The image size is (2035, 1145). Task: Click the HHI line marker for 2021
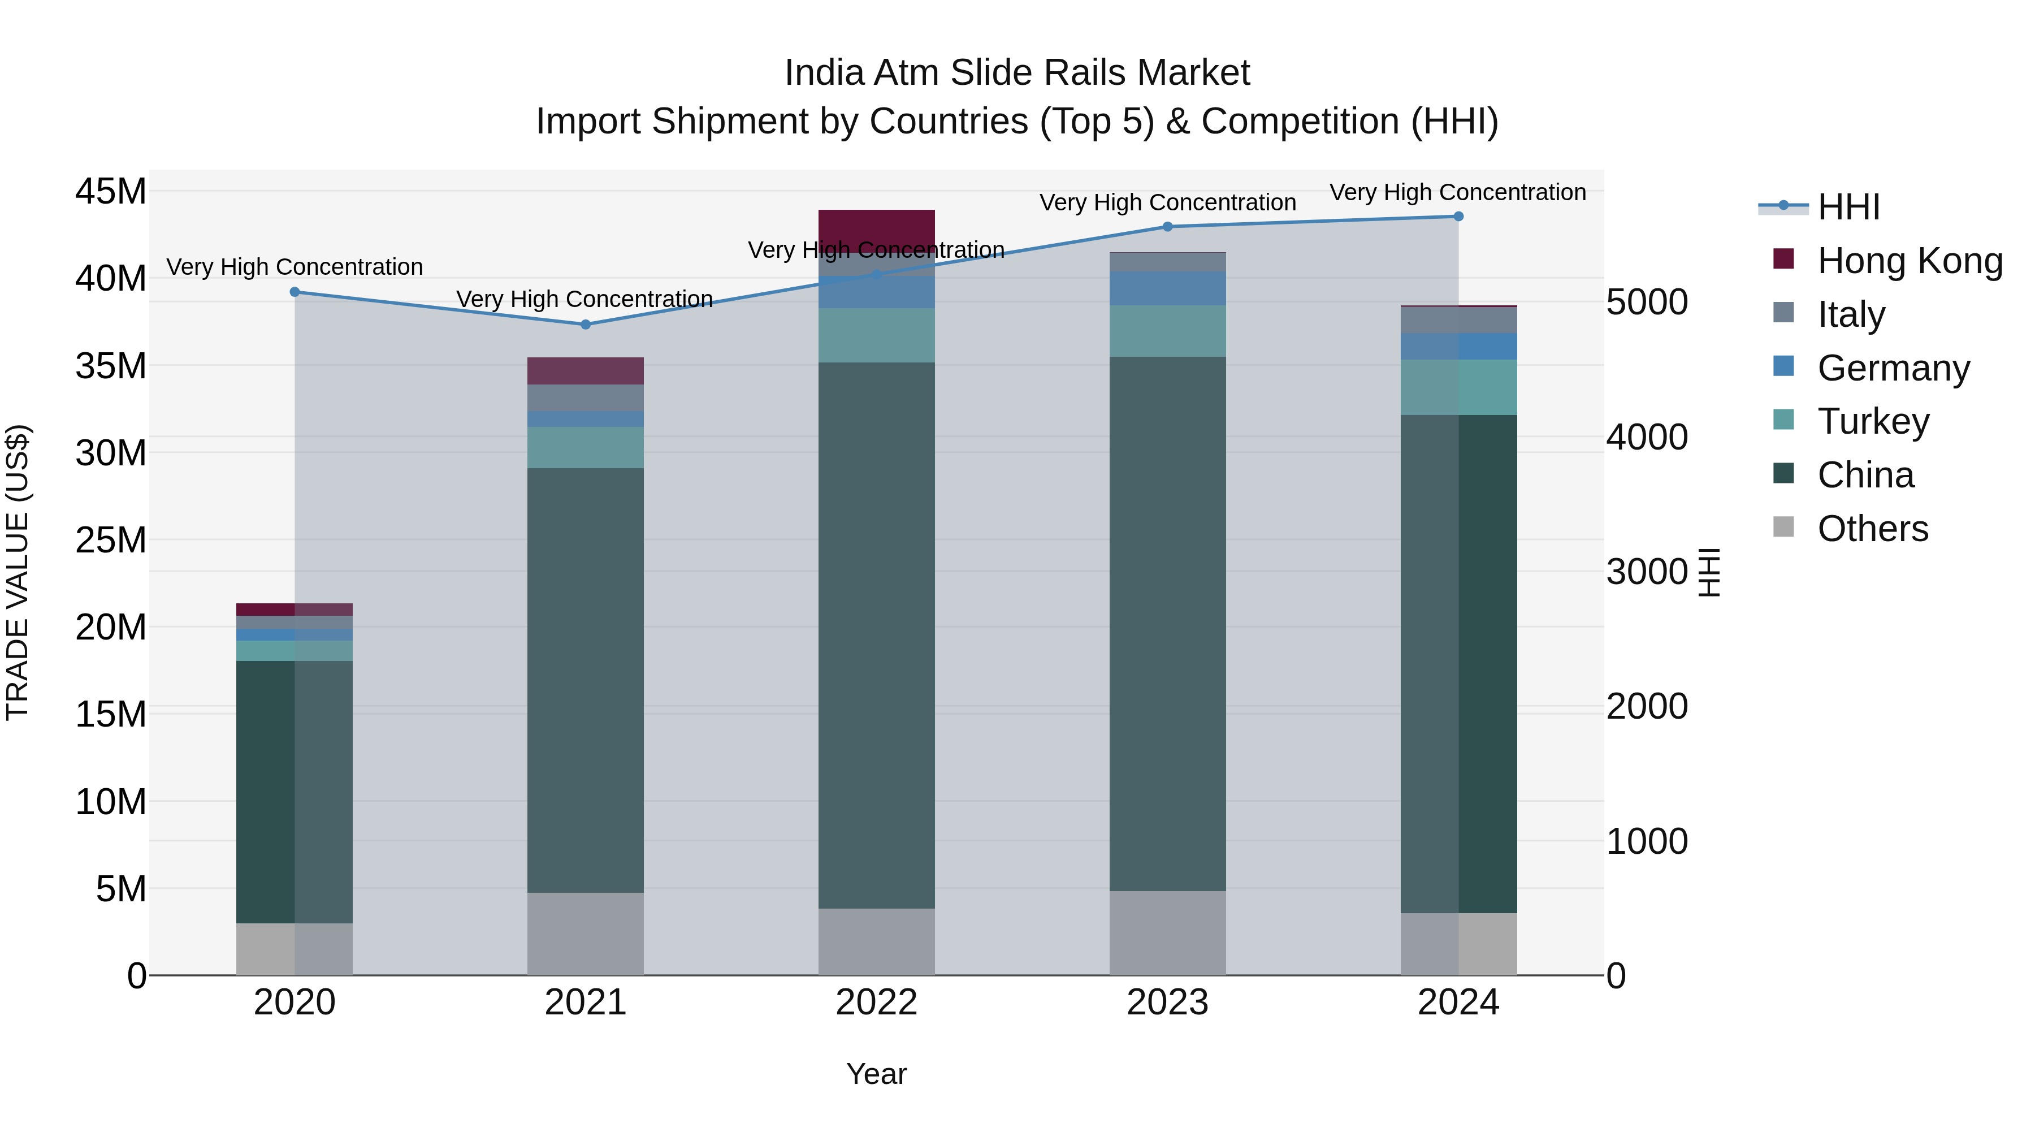pyautogui.click(x=586, y=324)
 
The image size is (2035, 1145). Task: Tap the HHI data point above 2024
pyautogui.click(x=1458, y=217)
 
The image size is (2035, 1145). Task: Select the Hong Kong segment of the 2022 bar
pyautogui.click(x=876, y=228)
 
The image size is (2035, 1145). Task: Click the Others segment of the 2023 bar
pyautogui.click(x=1168, y=932)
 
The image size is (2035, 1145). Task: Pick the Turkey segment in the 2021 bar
pyautogui.click(x=586, y=447)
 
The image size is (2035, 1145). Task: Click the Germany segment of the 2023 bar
pyautogui.click(x=1168, y=288)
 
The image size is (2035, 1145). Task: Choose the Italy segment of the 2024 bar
pyautogui.click(x=1458, y=320)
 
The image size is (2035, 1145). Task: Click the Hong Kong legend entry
pyautogui.click(x=1910, y=261)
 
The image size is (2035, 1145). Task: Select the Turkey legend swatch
pyautogui.click(x=1784, y=420)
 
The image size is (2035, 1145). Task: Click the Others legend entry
pyautogui.click(x=1872, y=529)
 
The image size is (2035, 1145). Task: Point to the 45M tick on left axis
pyautogui.click(x=111, y=191)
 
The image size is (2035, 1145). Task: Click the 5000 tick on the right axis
pyautogui.click(x=1647, y=302)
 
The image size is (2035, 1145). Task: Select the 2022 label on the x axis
pyautogui.click(x=876, y=1002)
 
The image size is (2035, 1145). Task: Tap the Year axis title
pyautogui.click(x=876, y=1074)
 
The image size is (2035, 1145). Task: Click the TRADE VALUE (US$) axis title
pyautogui.click(x=18, y=572)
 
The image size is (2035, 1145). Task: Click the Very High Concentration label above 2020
pyautogui.click(x=295, y=267)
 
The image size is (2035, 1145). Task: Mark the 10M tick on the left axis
pyautogui.click(x=111, y=802)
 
